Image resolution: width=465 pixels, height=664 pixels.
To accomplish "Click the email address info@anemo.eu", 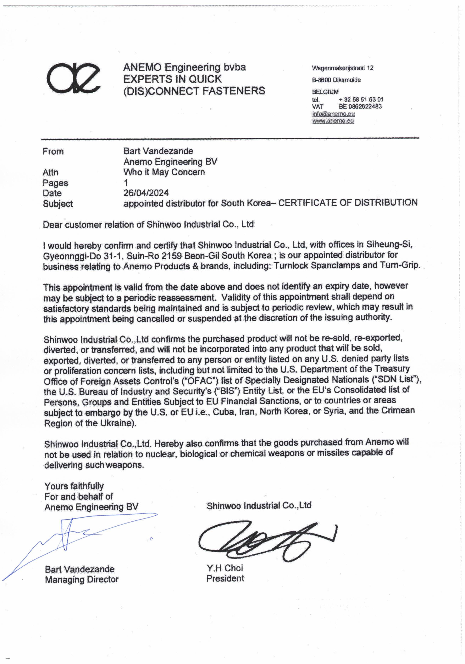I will (333, 114).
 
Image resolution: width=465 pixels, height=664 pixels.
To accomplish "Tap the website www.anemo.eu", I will (333, 121).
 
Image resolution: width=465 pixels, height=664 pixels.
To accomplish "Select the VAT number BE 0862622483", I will (360, 106).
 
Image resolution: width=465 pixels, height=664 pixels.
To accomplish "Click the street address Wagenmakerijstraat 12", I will (342, 68).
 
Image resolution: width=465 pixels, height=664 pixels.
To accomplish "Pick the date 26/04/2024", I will (146, 193).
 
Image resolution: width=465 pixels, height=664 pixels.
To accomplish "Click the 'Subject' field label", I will (58, 204).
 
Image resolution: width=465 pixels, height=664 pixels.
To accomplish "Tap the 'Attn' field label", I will (51, 172).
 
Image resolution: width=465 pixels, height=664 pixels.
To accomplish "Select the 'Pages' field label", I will (55, 183).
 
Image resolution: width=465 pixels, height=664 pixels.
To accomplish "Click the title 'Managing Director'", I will (82, 579).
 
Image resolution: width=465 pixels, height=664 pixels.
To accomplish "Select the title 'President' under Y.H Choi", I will (225, 578).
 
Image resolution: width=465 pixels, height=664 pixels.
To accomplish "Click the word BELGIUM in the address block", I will (325, 92).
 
